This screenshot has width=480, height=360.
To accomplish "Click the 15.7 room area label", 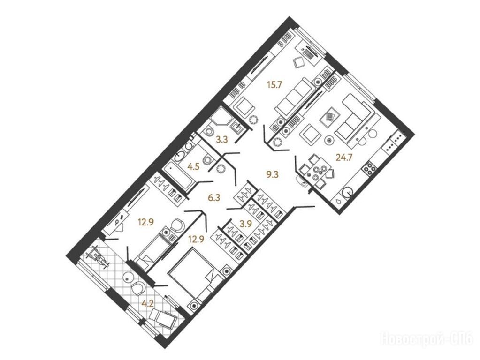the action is coord(274,85).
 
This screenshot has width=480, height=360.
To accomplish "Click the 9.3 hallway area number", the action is coord(273,175).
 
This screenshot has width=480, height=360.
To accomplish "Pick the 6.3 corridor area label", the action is coord(214,198).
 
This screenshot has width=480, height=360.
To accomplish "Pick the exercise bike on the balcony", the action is coord(98,257).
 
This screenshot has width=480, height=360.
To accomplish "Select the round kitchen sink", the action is coord(348,192).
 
